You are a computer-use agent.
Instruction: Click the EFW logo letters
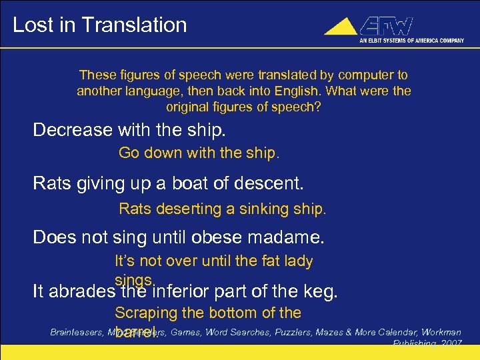click(x=386, y=27)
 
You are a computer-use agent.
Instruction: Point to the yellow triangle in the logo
click(x=341, y=27)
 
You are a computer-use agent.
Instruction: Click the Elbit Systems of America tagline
click(x=411, y=40)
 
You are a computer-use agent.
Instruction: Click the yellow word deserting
click(x=187, y=209)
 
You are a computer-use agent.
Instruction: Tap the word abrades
click(x=82, y=291)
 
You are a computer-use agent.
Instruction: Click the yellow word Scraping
click(x=143, y=313)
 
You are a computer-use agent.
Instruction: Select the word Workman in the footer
click(x=438, y=331)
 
